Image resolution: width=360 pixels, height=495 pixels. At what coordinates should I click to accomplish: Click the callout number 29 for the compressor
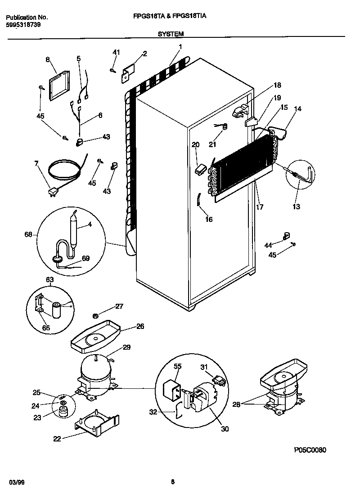click(127, 347)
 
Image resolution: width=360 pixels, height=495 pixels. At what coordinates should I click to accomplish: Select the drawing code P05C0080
click(310, 450)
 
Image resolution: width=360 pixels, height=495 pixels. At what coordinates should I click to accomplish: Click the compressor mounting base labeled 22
click(96, 424)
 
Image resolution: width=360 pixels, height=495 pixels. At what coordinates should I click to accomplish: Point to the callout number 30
click(225, 429)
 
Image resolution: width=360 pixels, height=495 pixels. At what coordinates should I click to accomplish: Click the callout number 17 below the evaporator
click(260, 207)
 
